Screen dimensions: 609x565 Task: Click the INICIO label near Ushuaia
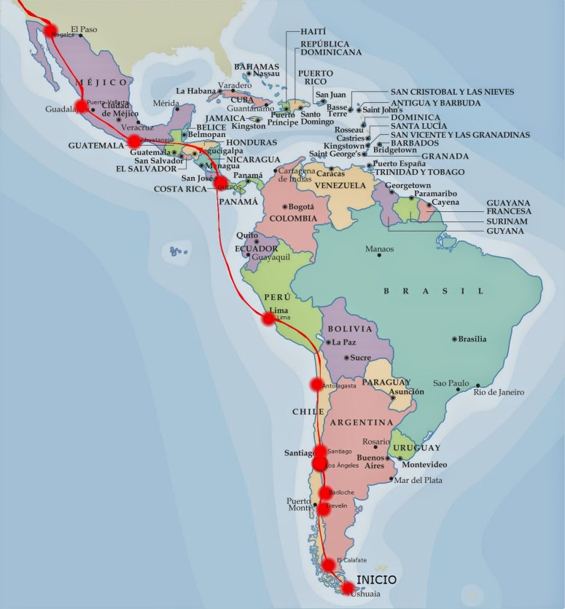coord(372,580)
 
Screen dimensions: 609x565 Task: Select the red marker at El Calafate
coord(328,565)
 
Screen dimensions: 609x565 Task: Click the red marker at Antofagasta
coord(317,384)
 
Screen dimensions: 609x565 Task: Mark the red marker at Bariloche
coord(326,493)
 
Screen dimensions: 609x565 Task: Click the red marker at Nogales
coord(50,31)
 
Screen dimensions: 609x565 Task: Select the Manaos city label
coord(380,250)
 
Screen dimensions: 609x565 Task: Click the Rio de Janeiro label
coord(499,392)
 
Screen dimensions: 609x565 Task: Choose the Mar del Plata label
coord(416,479)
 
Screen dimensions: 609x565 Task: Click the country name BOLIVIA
coord(345,329)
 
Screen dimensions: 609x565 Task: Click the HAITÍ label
coord(313,33)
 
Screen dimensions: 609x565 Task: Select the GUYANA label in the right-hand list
coord(506,231)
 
